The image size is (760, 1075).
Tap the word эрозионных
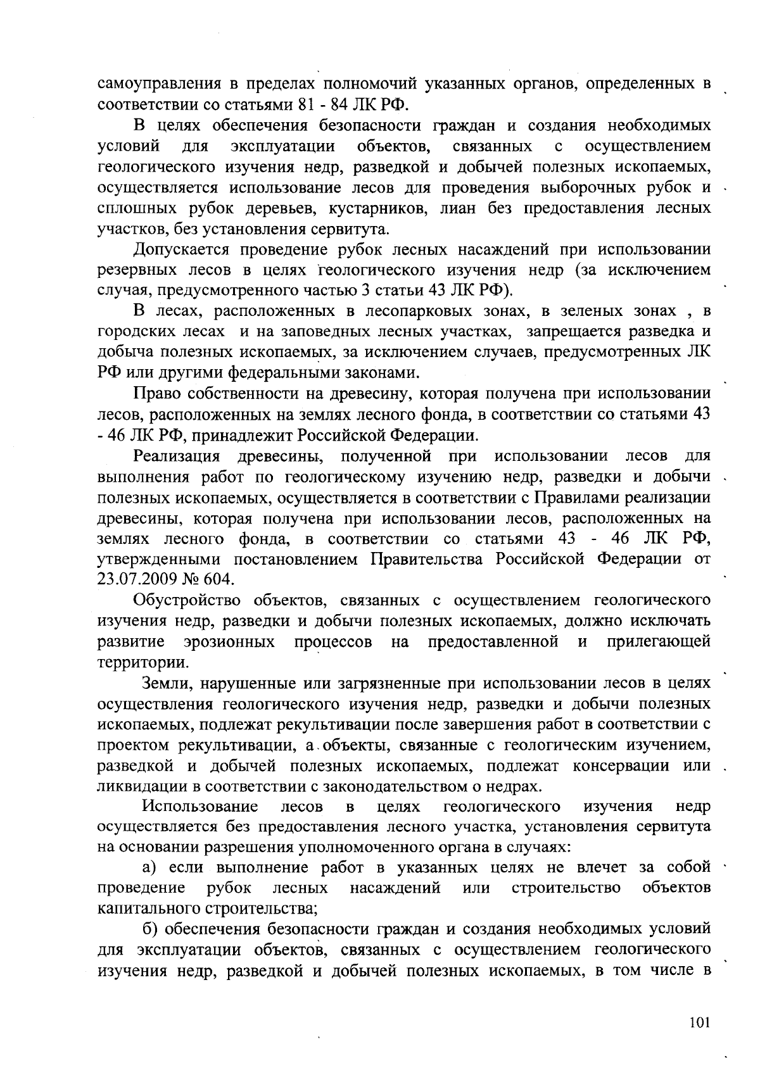click(229, 642)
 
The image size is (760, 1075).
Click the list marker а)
click(149, 867)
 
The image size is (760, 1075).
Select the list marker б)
click(149, 929)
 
